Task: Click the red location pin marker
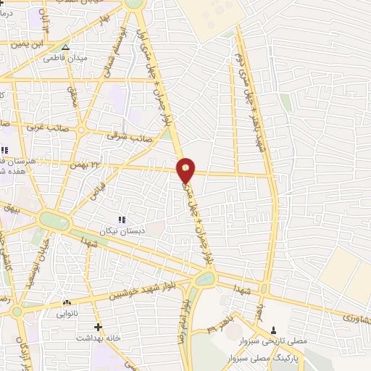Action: [x=186, y=170]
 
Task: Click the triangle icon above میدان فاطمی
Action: [x=65, y=48]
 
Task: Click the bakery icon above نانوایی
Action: [x=67, y=303]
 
